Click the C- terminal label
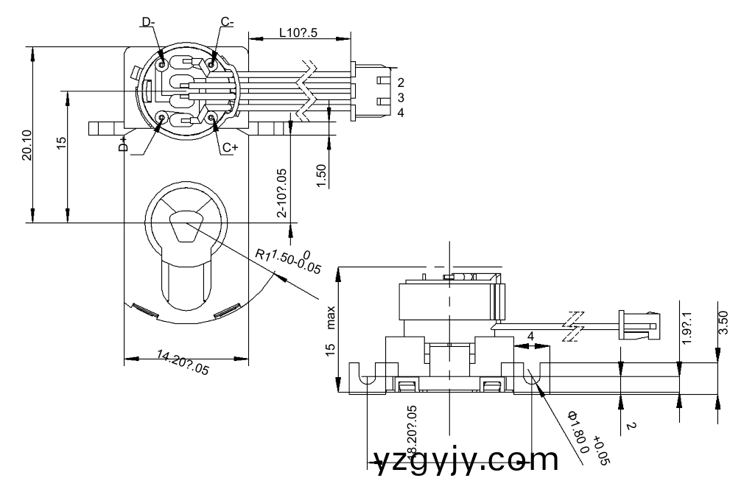[x=228, y=23]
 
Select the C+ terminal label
[x=229, y=147]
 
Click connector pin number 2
[x=401, y=82]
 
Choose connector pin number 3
[x=401, y=97]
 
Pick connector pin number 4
[x=401, y=113]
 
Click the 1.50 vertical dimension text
[x=321, y=175]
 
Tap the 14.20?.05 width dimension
[x=182, y=364]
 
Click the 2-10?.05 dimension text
[x=281, y=194]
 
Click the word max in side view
[x=331, y=317]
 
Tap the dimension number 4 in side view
[x=530, y=337]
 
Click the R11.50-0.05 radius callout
[x=287, y=259]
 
